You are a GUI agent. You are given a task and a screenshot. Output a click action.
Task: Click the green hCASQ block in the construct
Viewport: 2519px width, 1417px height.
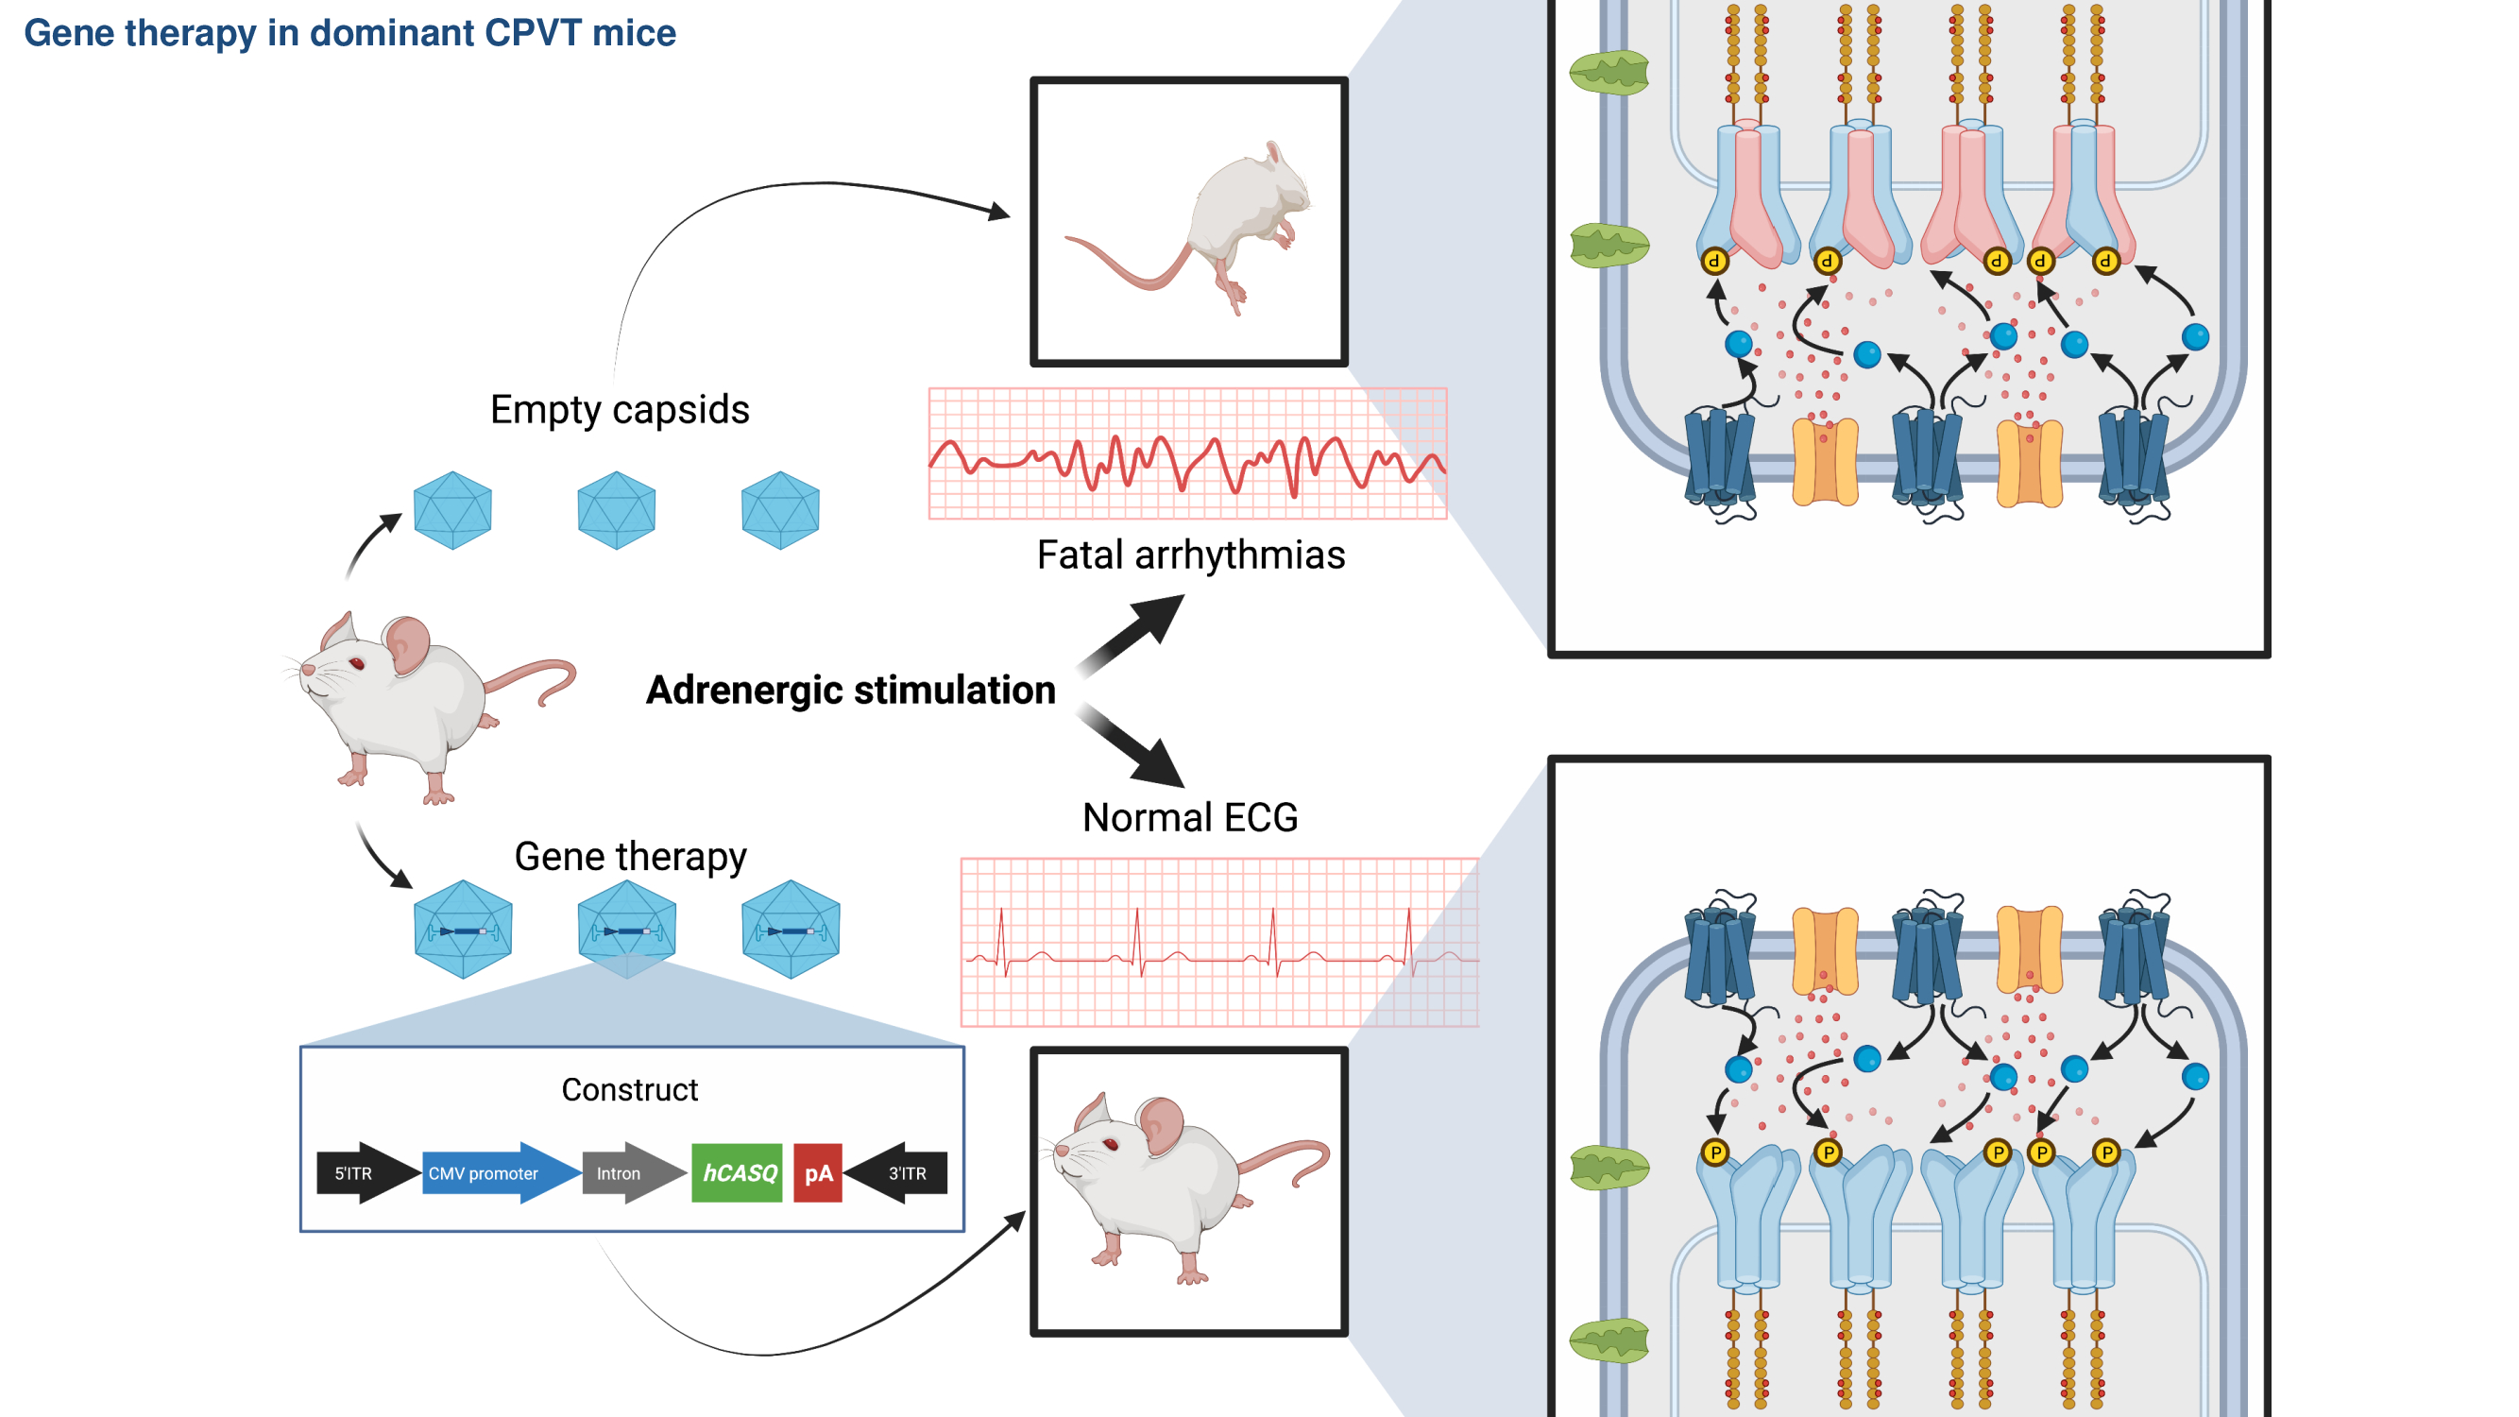(738, 1172)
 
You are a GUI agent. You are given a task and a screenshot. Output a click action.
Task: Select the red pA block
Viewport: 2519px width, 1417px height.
(818, 1172)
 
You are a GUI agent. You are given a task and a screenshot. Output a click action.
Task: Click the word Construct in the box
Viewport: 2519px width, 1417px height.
(630, 1089)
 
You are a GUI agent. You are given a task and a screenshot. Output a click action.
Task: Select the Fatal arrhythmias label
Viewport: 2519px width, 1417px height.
(1190, 555)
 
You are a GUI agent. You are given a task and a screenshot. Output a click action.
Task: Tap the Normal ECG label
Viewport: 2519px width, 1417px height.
(1190, 817)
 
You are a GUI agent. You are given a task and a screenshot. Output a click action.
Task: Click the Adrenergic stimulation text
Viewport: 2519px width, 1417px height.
(851, 691)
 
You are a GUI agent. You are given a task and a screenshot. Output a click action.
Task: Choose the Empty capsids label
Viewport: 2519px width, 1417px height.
(620, 410)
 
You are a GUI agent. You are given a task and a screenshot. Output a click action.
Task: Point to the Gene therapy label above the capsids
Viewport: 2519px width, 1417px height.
(630, 857)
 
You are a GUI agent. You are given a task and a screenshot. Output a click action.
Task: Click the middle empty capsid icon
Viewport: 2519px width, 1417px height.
(616, 509)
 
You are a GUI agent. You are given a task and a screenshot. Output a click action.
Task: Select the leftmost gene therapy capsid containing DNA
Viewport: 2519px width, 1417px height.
(463, 929)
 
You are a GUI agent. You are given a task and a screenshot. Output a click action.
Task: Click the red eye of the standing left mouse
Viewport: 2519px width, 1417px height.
(357, 664)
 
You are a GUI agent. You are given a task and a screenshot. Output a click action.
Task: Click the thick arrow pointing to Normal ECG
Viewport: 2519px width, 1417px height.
(1134, 748)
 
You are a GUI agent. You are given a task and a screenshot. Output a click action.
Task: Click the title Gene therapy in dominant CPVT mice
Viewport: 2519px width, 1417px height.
(349, 33)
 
